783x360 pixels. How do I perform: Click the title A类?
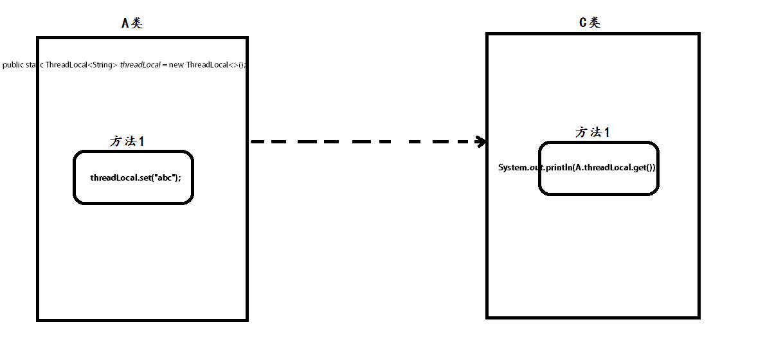[x=132, y=23]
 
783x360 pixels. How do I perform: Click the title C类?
[x=589, y=22]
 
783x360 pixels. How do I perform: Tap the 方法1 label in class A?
[x=127, y=141]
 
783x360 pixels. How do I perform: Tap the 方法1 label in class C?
[x=592, y=132]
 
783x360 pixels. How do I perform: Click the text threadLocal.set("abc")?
[x=136, y=177]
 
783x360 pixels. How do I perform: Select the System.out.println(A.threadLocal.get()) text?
[x=577, y=167]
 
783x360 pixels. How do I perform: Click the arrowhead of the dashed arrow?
[x=480, y=141]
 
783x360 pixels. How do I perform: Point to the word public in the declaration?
[x=13, y=65]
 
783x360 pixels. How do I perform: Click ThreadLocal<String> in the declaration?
[x=82, y=65]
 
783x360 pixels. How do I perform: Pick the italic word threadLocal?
[x=140, y=65]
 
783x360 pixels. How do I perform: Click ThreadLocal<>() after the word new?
[x=215, y=65]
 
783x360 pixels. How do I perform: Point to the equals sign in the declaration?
[x=165, y=65]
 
